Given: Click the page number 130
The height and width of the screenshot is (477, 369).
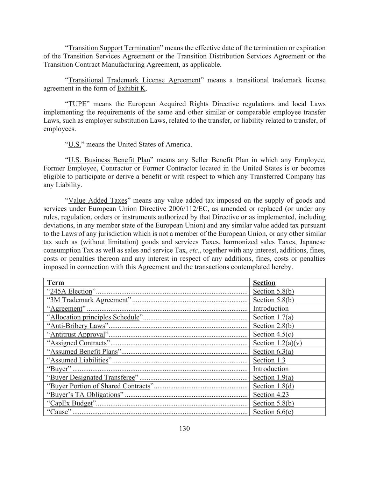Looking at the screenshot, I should [184, 428].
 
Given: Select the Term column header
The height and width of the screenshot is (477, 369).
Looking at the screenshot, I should [56, 283].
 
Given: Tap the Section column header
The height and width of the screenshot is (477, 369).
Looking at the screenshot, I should [264, 283].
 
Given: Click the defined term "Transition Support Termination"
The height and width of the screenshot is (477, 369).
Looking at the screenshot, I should [114, 48].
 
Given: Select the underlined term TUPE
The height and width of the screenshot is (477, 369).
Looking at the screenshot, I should [77, 104].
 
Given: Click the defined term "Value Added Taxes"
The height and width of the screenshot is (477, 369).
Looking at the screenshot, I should [98, 200].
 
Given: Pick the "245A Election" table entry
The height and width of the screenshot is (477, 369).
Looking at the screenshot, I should [71, 291].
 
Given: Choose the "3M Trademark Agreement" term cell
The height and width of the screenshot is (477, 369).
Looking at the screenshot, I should [89, 300].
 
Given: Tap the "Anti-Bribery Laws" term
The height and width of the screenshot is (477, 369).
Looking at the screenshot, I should [78, 326].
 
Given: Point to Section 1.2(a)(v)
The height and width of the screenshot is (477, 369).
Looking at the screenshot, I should [277, 343].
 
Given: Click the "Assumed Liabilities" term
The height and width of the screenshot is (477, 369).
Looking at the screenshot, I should [79, 360].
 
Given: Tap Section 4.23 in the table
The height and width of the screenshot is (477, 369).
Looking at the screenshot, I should [271, 395].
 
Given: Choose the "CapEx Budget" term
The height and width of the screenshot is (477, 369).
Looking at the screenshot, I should [71, 403].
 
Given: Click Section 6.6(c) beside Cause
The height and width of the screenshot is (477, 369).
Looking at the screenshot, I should [273, 412].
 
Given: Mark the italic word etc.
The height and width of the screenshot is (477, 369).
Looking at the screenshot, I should [194, 251].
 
